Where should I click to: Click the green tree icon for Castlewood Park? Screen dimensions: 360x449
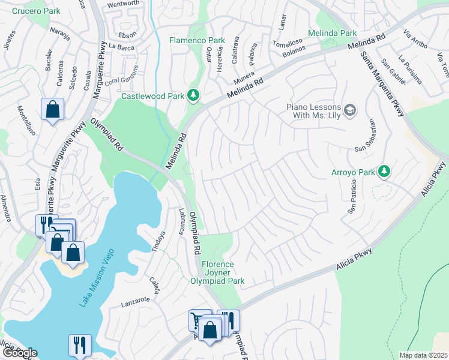193,95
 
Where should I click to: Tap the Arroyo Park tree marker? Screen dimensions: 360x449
384,173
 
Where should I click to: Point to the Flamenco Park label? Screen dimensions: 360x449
196,41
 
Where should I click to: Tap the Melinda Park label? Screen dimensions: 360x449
332,33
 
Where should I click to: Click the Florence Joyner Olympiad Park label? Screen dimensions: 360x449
226,272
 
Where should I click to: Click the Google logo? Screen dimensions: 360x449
20,353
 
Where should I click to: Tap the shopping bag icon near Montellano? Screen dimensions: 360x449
53,110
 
